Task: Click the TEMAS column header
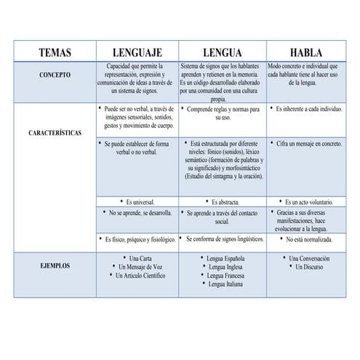55,53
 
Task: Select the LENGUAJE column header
137,53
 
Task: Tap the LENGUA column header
222,53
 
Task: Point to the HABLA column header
306,53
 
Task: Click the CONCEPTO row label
55,74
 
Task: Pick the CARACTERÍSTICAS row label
55,134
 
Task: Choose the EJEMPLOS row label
55,266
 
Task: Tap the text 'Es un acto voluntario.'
308,201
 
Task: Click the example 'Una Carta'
138,258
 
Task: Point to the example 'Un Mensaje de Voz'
138,267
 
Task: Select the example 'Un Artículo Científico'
138,276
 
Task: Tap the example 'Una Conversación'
308,258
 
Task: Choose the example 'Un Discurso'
308,267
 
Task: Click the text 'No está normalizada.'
308,239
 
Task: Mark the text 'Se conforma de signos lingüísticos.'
224,239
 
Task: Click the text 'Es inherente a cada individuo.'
308,108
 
